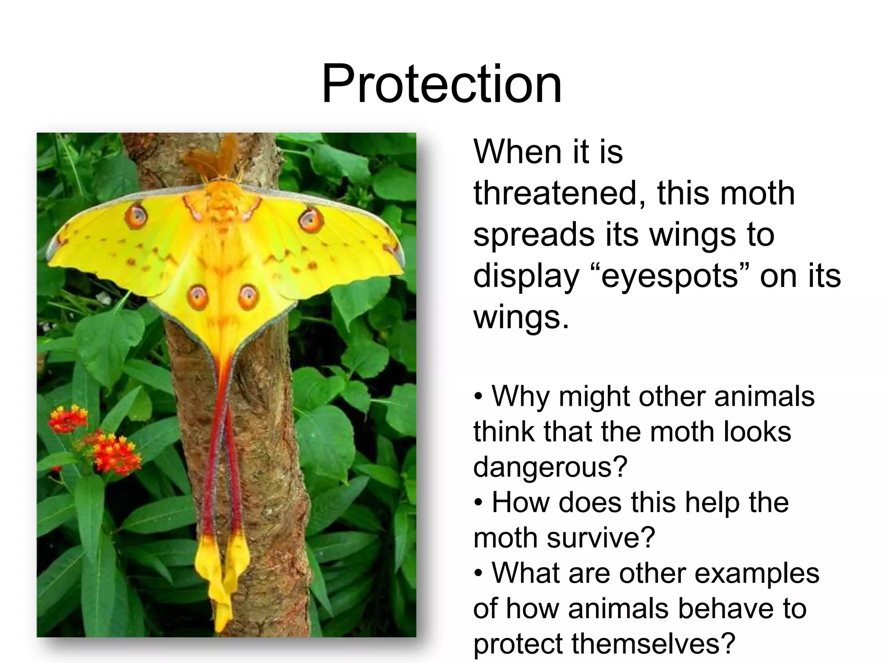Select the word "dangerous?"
pyautogui.click(x=550, y=467)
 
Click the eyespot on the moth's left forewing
pyautogui.click(x=136, y=216)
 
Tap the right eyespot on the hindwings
pyautogui.click(x=248, y=297)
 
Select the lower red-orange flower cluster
pyautogui.click(x=115, y=453)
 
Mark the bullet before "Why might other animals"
pyautogui.click(x=478, y=396)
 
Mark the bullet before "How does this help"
pyautogui.click(x=478, y=503)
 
